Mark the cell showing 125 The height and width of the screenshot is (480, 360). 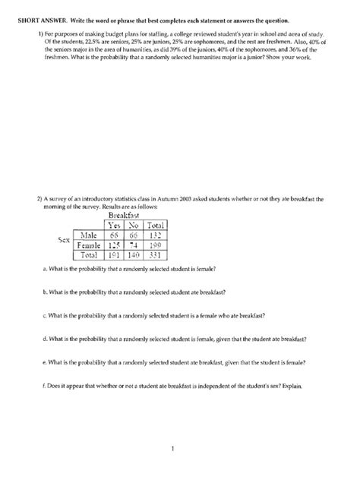tap(115, 246)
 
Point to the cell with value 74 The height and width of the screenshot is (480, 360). tap(135, 246)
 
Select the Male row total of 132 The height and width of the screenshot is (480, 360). tap(159, 235)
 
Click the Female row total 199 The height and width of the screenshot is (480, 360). tap(159, 246)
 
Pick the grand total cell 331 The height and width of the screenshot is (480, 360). tap(159, 257)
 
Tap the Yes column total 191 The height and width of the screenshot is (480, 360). tap(115, 257)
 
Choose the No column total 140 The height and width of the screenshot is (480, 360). tap(135, 257)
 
